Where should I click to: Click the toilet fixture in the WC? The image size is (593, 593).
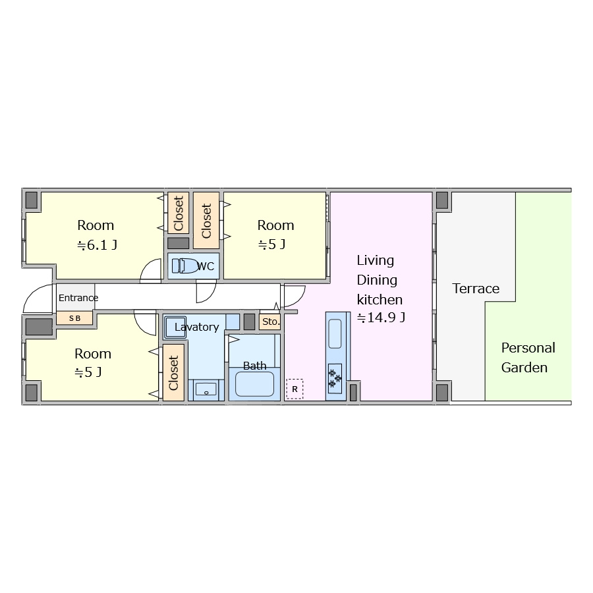(x=185, y=266)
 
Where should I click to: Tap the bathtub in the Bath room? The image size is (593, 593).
(x=254, y=384)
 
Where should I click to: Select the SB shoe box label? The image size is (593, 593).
(x=75, y=318)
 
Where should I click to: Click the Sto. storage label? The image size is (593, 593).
(x=271, y=322)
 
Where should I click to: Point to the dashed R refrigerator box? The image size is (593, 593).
(x=295, y=389)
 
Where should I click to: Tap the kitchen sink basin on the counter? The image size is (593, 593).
(x=335, y=333)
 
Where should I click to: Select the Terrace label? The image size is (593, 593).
(x=476, y=289)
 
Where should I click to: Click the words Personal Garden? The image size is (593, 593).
(x=528, y=357)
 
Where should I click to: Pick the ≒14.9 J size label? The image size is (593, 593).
(x=381, y=318)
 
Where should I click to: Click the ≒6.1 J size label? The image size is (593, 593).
(x=98, y=245)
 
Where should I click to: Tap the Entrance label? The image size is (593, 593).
(x=78, y=298)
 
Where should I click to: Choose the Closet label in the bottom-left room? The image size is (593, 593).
(x=173, y=373)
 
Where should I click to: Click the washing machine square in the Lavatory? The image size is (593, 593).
(x=175, y=327)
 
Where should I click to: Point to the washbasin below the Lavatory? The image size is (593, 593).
(x=206, y=389)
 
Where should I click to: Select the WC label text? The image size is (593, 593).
(x=206, y=266)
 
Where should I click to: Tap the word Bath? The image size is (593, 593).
(x=254, y=366)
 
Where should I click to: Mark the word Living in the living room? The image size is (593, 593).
(x=375, y=260)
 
